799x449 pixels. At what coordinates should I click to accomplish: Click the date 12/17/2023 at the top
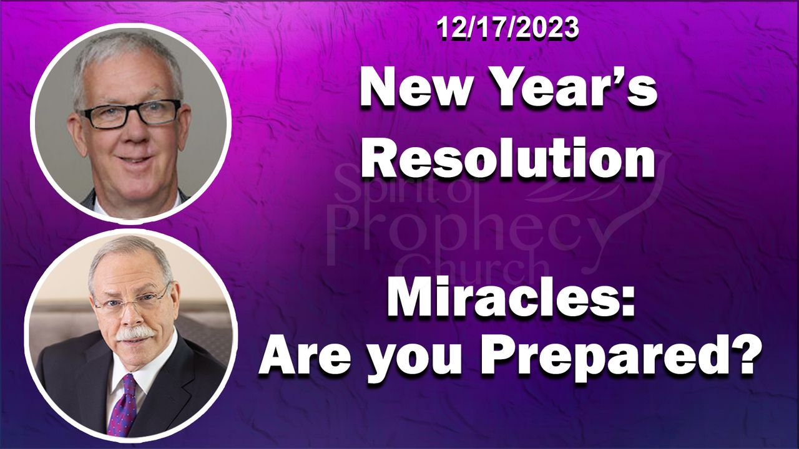[507, 28]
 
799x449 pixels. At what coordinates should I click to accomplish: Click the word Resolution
[508, 157]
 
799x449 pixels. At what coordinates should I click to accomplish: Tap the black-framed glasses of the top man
[130, 113]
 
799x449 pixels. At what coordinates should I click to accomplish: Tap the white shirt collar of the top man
[135, 208]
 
